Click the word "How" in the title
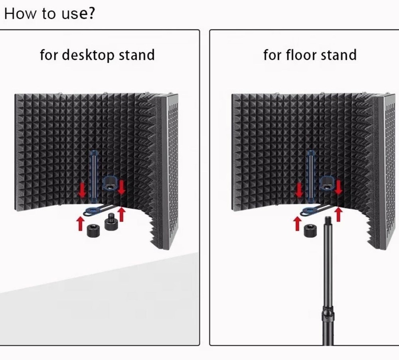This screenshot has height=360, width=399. pos(20,14)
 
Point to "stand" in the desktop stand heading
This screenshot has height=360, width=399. pos(137,55)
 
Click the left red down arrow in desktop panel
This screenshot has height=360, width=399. pos(82,189)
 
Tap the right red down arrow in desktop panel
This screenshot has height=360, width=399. pos(121,187)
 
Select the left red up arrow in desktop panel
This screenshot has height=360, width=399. pos(81,224)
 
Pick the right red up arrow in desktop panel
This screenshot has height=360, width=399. pos(122,214)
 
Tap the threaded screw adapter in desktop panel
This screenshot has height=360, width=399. pos(110,221)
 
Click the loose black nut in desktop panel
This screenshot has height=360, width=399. pos(93,231)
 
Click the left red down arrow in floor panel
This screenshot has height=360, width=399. pos(299,189)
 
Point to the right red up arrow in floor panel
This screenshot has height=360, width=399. pos(338,214)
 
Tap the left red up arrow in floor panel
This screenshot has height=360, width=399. pos(297,224)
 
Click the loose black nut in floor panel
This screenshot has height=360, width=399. pos(310,230)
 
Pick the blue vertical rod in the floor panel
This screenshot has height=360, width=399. pos(311,177)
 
